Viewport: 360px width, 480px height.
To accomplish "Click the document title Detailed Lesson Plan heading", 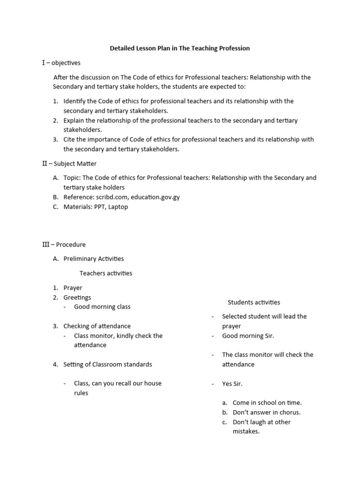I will [x=180, y=48].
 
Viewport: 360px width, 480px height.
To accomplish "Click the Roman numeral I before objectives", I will [x=44, y=62].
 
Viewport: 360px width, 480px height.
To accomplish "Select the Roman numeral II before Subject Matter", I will [x=45, y=164].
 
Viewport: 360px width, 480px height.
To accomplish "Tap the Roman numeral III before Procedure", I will [x=46, y=244].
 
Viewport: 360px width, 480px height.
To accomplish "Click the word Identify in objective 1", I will [x=75, y=101].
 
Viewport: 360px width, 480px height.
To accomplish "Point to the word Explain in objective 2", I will [x=74, y=120].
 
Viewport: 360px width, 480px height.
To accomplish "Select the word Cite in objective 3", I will [x=70, y=139].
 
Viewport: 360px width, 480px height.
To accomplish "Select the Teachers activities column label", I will [x=106, y=273].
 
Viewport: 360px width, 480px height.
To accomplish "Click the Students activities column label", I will [x=254, y=302].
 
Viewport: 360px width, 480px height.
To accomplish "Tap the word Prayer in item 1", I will [x=73, y=288].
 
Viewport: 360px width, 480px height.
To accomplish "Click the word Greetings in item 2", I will [x=77, y=297].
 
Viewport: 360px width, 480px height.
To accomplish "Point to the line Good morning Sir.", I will [x=248, y=336].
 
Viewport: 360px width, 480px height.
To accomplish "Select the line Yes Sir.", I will [x=232, y=383].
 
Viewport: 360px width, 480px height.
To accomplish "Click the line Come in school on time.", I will [x=267, y=403].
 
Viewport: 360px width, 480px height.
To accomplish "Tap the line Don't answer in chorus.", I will [x=266, y=412].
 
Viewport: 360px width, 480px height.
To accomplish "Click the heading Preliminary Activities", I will [x=94, y=258].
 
